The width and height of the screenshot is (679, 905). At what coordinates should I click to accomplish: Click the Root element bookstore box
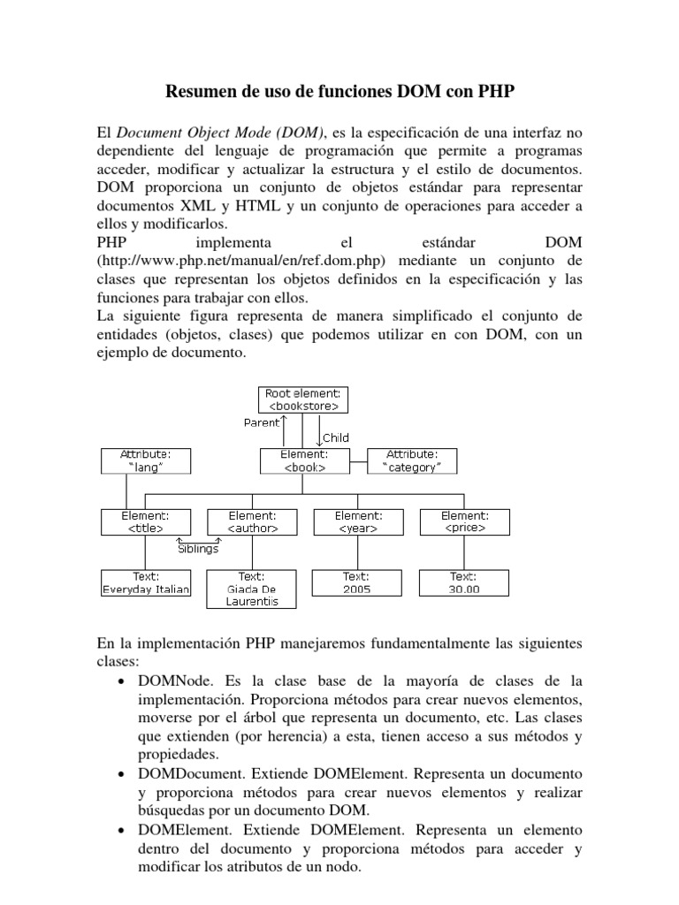[x=302, y=399]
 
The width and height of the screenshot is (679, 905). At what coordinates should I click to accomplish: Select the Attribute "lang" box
[x=146, y=460]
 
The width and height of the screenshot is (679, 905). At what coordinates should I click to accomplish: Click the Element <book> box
[x=302, y=460]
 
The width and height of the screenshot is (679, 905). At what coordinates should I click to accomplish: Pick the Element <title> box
[x=146, y=521]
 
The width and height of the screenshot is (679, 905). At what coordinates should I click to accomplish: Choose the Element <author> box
[x=252, y=521]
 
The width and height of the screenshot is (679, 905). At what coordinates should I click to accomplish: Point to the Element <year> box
[x=357, y=521]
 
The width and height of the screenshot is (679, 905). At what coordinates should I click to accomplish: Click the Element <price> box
[x=464, y=521]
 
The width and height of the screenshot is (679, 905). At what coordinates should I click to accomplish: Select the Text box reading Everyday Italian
[x=146, y=582]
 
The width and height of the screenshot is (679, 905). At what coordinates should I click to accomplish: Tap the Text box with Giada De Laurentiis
[x=252, y=589]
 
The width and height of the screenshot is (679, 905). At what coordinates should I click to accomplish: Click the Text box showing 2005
[x=357, y=582]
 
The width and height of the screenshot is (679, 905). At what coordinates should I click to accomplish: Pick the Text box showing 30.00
[x=464, y=582]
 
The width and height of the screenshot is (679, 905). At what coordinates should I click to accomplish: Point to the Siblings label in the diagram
[x=199, y=547]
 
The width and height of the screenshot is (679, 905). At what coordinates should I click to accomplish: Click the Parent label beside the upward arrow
[x=261, y=422]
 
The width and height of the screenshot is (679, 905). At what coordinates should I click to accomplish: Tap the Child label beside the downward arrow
[x=337, y=437]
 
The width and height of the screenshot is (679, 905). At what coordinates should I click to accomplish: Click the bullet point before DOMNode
[x=120, y=682]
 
